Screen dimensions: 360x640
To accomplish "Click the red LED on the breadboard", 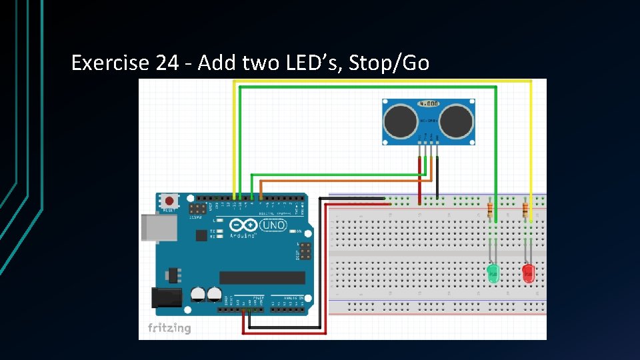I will [x=528, y=273].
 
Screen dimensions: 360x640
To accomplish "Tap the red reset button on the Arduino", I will [x=169, y=200].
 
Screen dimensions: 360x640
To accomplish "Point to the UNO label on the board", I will [x=273, y=225].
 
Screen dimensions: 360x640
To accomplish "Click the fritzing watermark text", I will [x=169, y=328].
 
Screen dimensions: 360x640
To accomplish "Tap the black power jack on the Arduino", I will [x=167, y=297].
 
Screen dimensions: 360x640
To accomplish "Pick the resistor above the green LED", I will [x=491, y=211].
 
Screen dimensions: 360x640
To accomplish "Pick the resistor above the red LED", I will [x=525, y=211].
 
